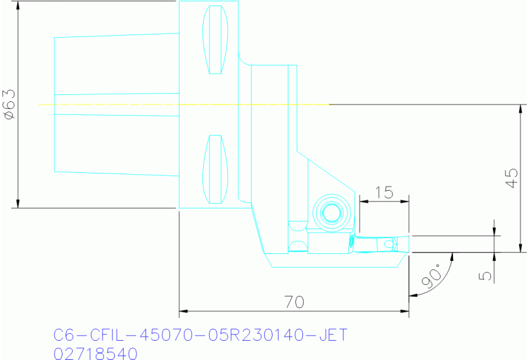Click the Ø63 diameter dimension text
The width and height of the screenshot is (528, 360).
(x=10, y=105)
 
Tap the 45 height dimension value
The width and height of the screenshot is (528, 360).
(x=511, y=178)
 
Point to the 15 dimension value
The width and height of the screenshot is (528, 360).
(x=383, y=193)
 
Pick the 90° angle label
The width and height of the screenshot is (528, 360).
(x=430, y=276)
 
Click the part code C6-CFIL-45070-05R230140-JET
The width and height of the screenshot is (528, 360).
(x=200, y=335)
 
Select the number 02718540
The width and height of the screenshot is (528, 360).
(x=96, y=353)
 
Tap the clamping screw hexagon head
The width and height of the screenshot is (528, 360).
(x=328, y=212)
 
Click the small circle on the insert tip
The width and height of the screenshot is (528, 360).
(x=390, y=244)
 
